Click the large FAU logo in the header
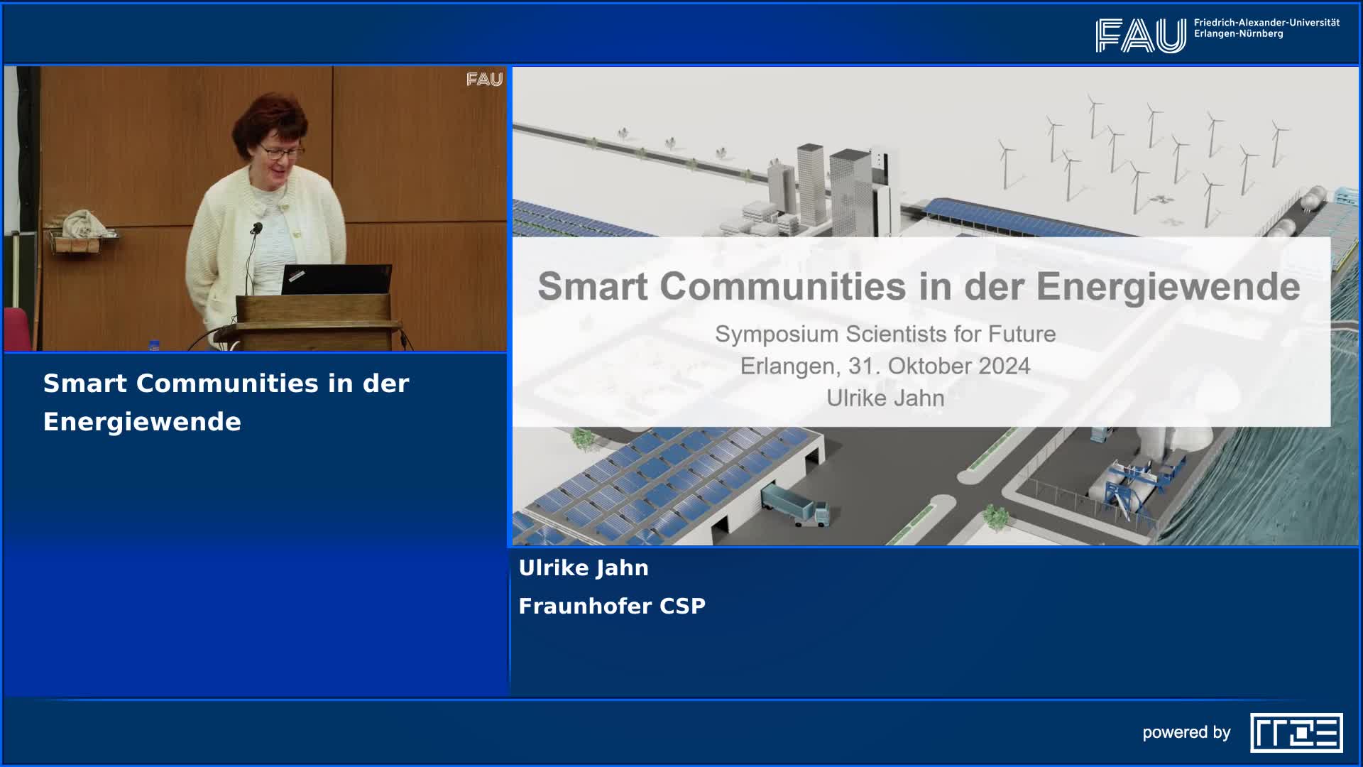1140,36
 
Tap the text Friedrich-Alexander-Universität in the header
1266,23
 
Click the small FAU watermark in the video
484,80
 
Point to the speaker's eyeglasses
282,151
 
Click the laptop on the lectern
336,279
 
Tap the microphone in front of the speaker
256,228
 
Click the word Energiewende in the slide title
1168,287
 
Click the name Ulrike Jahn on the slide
885,398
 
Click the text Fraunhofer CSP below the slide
612,606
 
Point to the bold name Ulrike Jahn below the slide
584,567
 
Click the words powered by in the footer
1186,732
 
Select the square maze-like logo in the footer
1296,732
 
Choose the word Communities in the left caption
227,383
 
